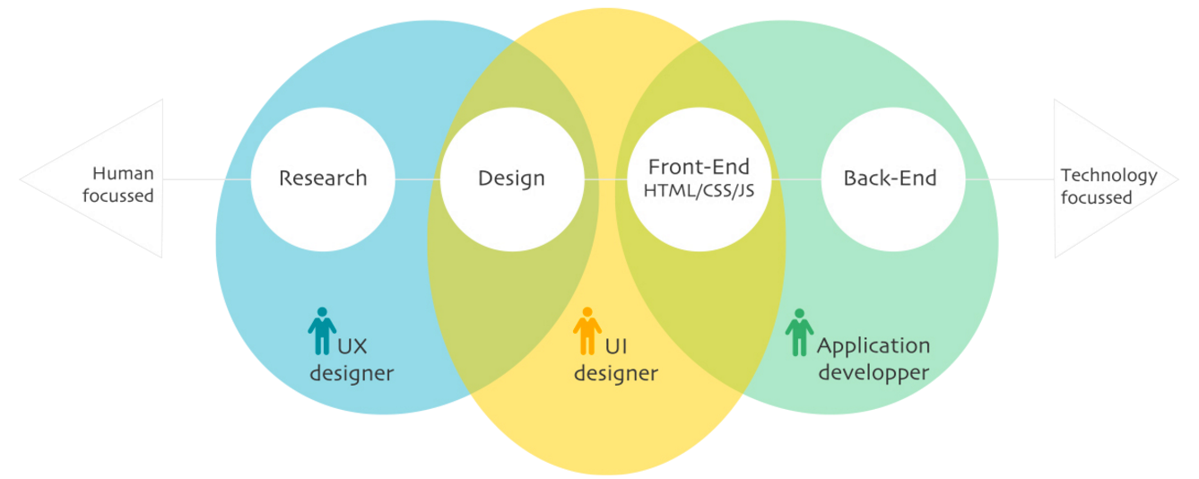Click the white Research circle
(323, 179)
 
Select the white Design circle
(511, 179)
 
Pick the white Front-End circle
(699, 179)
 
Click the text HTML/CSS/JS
(699, 192)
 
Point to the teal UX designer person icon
(322, 331)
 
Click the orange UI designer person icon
(586, 331)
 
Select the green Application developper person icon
(799, 333)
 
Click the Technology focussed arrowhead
(1112, 179)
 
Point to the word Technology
(1108, 176)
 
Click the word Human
(123, 174)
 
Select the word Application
(873, 346)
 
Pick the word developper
(873, 373)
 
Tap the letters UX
(352, 346)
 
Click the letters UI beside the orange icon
(615, 346)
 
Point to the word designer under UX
(352, 373)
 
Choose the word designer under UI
(616, 373)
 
